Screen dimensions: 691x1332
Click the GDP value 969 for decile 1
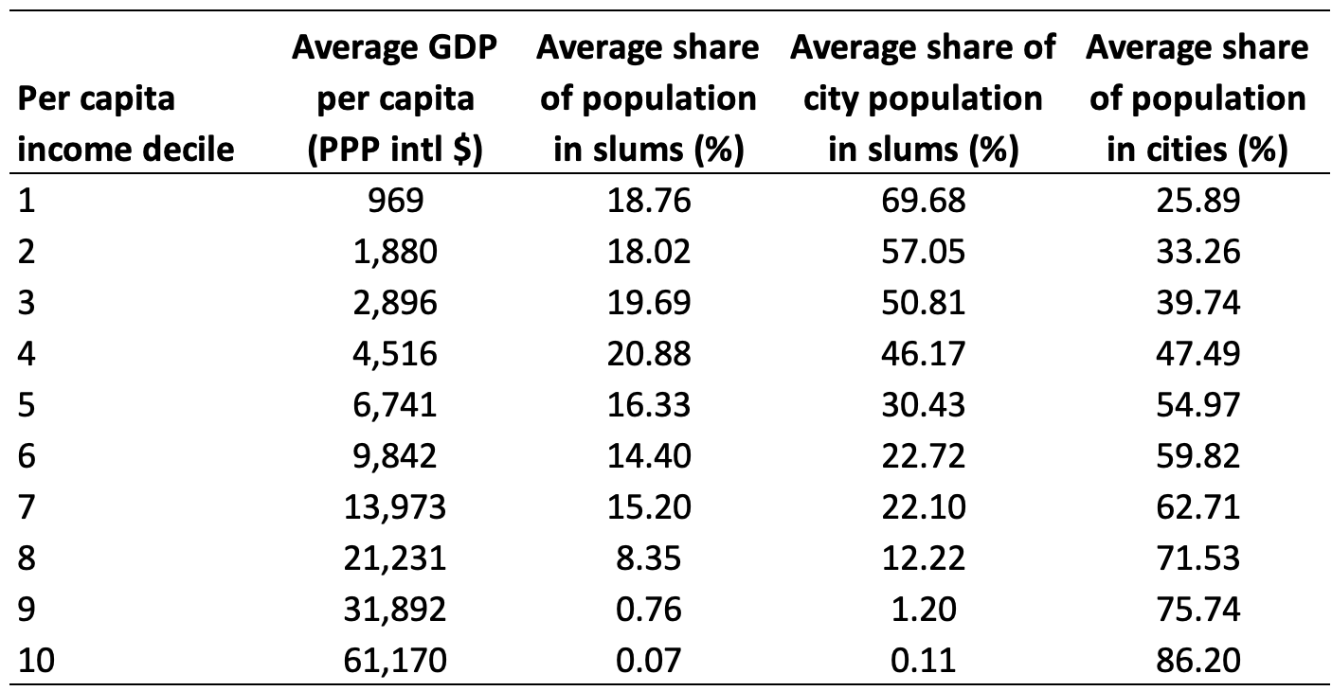(394, 202)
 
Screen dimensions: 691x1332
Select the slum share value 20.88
(648, 355)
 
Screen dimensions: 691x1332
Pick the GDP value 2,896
(394, 304)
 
